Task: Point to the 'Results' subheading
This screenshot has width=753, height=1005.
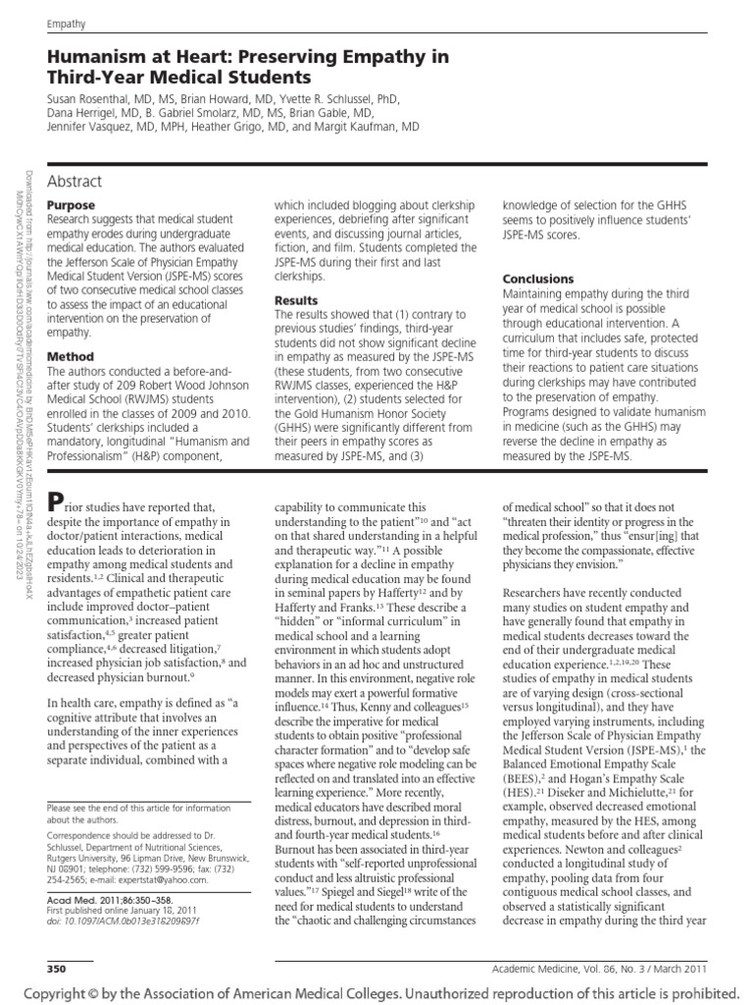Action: (x=296, y=300)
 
